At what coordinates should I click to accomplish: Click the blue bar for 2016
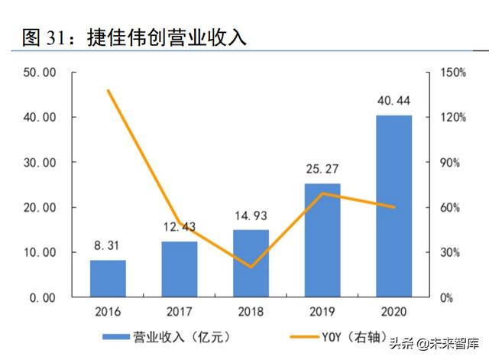point(108,278)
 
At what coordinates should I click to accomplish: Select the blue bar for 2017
point(180,269)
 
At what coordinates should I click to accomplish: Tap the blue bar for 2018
point(251,263)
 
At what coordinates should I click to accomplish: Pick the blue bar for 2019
point(322,240)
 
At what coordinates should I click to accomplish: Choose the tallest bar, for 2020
point(393,206)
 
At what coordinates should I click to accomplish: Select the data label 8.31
point(108,247)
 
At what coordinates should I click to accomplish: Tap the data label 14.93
point(251,216)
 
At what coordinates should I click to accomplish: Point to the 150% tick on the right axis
point(453,73)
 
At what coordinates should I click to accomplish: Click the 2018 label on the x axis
point(251,312)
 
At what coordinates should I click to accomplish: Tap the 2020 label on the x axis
point(393,312)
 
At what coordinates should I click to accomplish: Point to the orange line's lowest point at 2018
point(251,268)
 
